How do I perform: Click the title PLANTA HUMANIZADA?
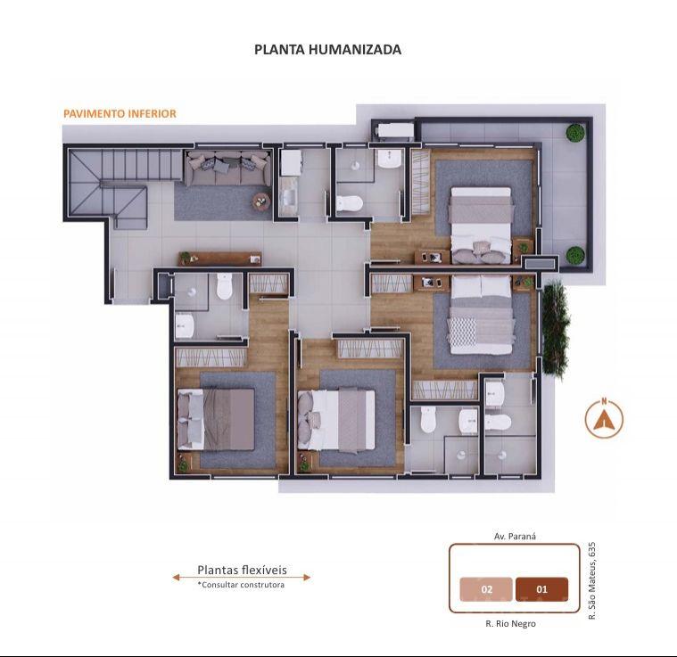(x=327, y=50)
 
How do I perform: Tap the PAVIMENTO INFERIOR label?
(x=120, y=114)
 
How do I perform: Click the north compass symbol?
(x=604, y=418)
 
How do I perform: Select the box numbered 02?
(x=487, y=589)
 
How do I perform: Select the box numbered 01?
(x=541, y=589)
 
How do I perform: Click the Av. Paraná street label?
(x=515, y=537)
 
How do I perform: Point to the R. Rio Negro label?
(x=510, y=624)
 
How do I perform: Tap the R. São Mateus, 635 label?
(x=592, y=580)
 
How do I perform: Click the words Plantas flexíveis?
(x=242, y=570)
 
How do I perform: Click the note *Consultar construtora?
(x=241, y=585)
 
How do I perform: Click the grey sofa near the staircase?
(x=228, y=168)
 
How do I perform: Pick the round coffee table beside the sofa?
(x=261, y=201)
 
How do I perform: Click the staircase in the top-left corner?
(x=123, y=184)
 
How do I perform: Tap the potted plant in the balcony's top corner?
(x=575, y=133)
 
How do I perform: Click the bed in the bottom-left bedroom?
(x=216, y=419)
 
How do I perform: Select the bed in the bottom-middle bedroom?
(x=336, y=420)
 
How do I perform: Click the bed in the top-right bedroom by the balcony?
(x=480, y=226)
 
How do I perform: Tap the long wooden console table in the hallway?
(x=220, y=259)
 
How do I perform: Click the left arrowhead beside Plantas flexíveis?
(x=176, y=577)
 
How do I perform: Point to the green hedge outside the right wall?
(x=555, y=328)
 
